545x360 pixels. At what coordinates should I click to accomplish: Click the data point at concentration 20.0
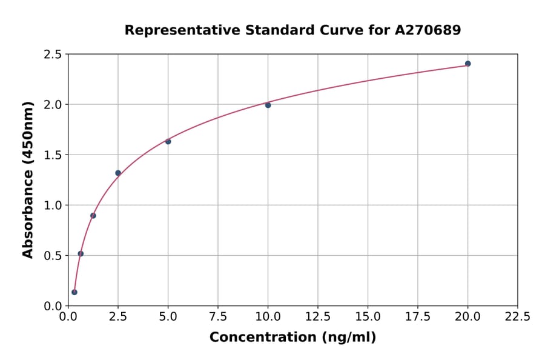pyautogui.click(x=467, y=64)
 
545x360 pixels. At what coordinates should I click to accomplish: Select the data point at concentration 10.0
pyautogui.click(x=268, y=105)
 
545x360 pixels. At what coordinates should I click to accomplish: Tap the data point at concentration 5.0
pyautogui.click(x=168, y=141)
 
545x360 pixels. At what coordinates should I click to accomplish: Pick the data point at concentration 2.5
pyautogui.click(x=118, y=173)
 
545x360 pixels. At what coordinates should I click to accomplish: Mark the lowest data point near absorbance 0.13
pyautogui.click(x=74, y=292)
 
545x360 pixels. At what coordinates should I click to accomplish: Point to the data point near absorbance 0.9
pyautogui.click(x=93, y=216)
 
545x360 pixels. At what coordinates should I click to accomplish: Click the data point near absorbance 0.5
pyautogui.click(x=81, y=254)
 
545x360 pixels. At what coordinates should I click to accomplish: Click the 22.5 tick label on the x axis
pyautogui.click(x=517, y=317)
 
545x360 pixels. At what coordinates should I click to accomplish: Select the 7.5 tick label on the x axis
pyautogui.click(x=218, y=317)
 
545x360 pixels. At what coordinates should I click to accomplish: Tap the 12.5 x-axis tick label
pyautogui.click(x=318, y=317)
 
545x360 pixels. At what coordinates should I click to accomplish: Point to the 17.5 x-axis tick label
pyautogui.click(x=418, y=317)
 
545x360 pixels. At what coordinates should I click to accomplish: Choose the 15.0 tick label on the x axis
pyautogui.click(x=368, y=317)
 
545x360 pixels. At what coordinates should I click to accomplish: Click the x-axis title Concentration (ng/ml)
pyautogui.click(x=292, y=337)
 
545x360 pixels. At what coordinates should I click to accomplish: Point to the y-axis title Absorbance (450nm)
pyautogui.click(x=28, y=179)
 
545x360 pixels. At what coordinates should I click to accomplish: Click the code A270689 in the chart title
pyautogui.click(x=428, y=30)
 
